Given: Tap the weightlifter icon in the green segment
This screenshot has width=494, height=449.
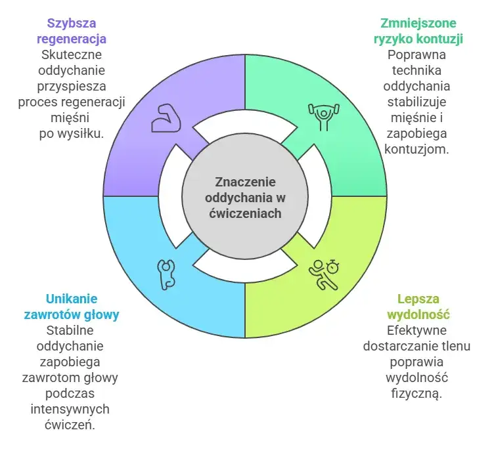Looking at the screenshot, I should tap(321, 116).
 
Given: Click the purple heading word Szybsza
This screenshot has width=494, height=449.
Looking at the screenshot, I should tap(72, 22).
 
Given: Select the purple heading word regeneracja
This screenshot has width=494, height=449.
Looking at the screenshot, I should tap(72, 38).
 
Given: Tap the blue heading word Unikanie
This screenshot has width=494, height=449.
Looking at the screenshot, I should tap(72, 299).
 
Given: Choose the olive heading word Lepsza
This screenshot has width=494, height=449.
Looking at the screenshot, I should tap(418, 299).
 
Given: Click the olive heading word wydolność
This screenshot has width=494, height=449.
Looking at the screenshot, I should tap(418, 314).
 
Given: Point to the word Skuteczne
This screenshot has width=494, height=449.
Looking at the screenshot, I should tap(72, 54).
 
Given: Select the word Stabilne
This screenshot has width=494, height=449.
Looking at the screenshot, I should tap(72, 331).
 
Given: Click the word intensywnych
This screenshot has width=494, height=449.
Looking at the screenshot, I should tap(72, 409).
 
